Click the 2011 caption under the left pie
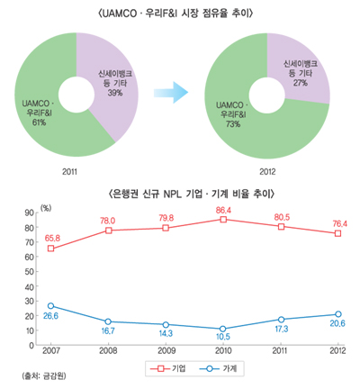click(x=75, y=168)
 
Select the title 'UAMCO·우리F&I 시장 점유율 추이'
click(x=180, y=12)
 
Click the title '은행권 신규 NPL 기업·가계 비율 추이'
click(x=180, y=194)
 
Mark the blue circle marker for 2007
click(x=50, y=306)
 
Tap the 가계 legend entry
click(x=212, y=367)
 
